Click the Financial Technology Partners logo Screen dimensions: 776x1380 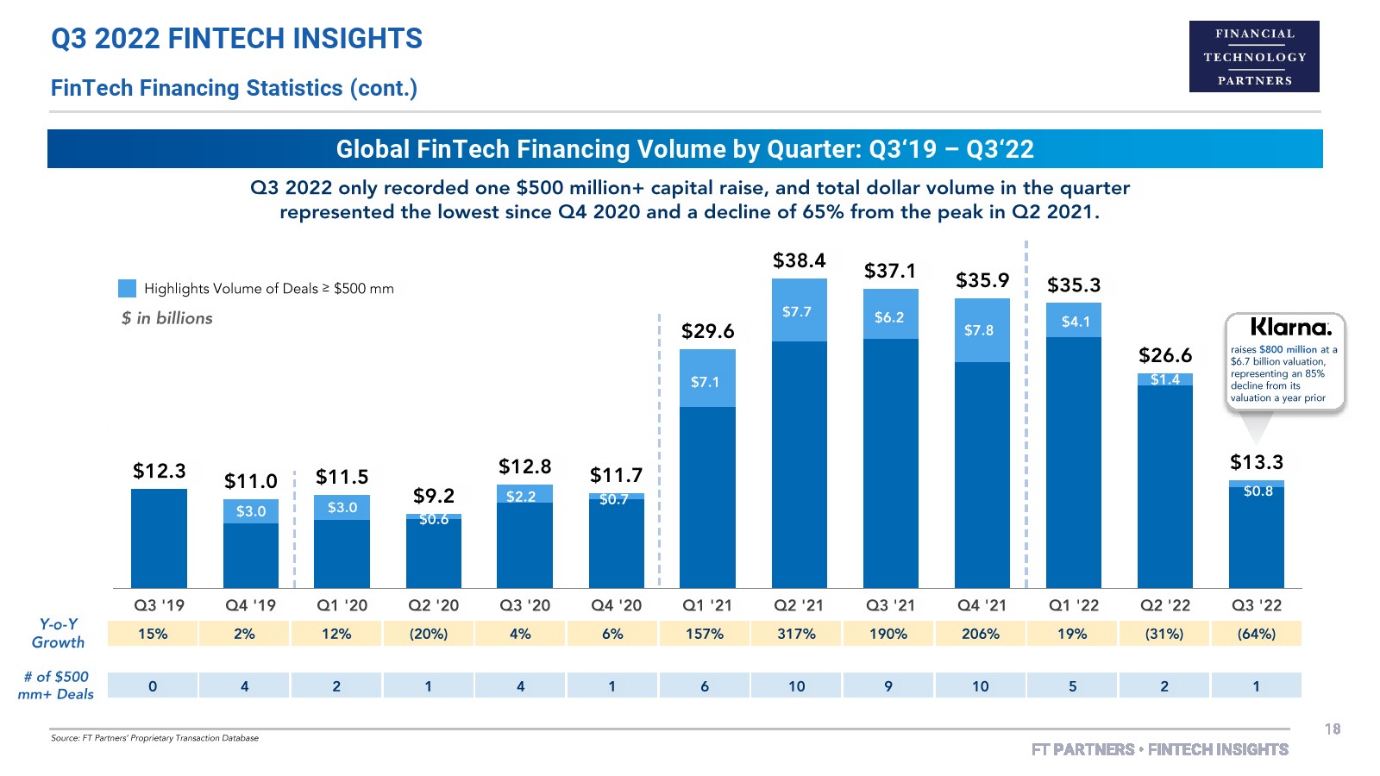coord(1254,57)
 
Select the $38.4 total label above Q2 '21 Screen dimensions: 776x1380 coord(799,260)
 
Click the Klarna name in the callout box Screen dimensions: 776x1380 coord(1290,328)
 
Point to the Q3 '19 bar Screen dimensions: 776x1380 coord(159,538)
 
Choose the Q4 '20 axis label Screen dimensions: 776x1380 coord(616,605)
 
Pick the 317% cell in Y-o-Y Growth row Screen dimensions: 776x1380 coord(796,634)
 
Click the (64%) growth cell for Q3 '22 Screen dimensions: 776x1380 coord(1256,634)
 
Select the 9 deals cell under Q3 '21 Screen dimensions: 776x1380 coord(888,686)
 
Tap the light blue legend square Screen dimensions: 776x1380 coord(127,288)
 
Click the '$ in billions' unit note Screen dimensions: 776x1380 coord(166,318)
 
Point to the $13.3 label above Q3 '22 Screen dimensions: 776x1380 coord(1256,462)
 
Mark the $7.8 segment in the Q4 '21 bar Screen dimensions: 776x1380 coord(982,330)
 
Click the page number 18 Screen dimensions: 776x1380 coord(1332,729)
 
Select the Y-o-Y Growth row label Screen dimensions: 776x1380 coord(58,634)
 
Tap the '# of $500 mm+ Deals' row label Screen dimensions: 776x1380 coord(56,685)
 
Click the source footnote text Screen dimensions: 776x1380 coord(154,738)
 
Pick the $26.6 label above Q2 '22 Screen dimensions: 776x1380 coord(1164,355)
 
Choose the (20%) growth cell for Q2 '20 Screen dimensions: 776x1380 coord(429,634)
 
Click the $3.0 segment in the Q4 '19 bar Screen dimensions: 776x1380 coord(251,511)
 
